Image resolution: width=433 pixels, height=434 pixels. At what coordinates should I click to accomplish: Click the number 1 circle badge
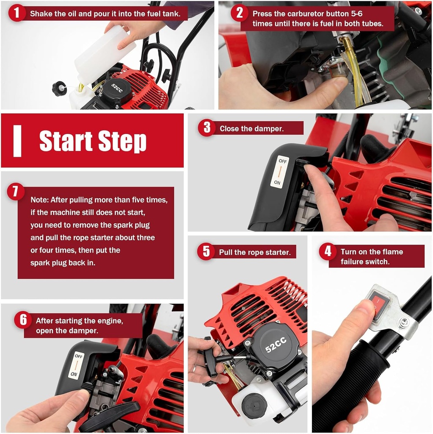pos(17,13)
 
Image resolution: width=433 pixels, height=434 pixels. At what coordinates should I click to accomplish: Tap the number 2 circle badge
pos(240,13)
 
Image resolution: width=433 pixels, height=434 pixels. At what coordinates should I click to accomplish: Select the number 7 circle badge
pos(15,192)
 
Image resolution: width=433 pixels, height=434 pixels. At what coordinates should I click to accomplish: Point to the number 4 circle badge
pos(328,252)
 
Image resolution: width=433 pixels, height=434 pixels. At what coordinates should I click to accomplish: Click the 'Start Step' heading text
pos(93,141)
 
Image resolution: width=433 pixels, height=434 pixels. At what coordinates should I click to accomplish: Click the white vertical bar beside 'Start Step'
pos(17,141)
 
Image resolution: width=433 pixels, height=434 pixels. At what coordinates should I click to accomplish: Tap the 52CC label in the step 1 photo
pos(116,88)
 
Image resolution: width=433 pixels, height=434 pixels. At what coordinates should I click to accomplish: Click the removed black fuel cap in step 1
pos(59,89)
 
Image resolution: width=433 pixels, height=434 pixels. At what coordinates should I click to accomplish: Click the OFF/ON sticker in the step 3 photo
pos(280,172)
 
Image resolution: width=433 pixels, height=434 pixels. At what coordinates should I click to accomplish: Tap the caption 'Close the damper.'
pos(251,128)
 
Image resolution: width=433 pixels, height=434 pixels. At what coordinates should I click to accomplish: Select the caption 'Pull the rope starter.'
pos(254,252)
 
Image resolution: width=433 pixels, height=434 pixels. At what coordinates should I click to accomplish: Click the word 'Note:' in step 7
pos(39,200)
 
